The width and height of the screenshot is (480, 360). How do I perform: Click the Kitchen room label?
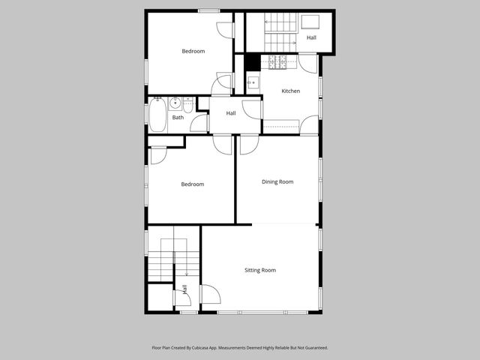point(290,91)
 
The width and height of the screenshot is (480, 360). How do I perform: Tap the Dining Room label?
point(277,181)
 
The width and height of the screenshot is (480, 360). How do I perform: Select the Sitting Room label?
point(260,270)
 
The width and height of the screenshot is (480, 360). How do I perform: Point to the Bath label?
point(178,117)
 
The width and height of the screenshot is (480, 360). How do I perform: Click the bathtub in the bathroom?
point(157,115)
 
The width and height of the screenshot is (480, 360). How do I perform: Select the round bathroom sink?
point(174,103)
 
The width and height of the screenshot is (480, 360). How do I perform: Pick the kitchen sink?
point(253,82)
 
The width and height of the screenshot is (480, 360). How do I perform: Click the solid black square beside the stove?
point(253,63)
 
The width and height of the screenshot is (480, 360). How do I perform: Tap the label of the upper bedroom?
point(193,51)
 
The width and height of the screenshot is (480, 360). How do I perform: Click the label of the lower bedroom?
point(192,184)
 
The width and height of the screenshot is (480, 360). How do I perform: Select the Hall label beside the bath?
point(231,113)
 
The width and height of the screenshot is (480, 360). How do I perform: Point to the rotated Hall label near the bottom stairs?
point(184,289)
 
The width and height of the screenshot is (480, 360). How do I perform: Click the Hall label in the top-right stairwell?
point(310,37)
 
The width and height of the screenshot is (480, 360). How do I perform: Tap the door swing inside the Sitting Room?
point(210,294)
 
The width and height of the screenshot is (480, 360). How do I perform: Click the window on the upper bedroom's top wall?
point(208,10)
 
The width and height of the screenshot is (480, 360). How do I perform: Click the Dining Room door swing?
point(249,144)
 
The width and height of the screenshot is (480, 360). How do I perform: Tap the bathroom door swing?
point(199,124)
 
